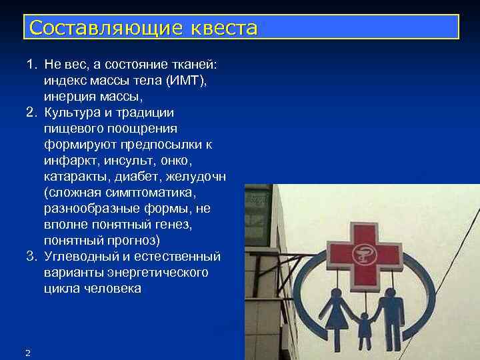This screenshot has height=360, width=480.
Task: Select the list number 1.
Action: (x=30, y=65)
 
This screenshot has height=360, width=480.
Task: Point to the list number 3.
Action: (x=30, y=257)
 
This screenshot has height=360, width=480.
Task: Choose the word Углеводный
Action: (x=83, y=257)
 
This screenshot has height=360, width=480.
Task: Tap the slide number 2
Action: (x=27, y=352)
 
